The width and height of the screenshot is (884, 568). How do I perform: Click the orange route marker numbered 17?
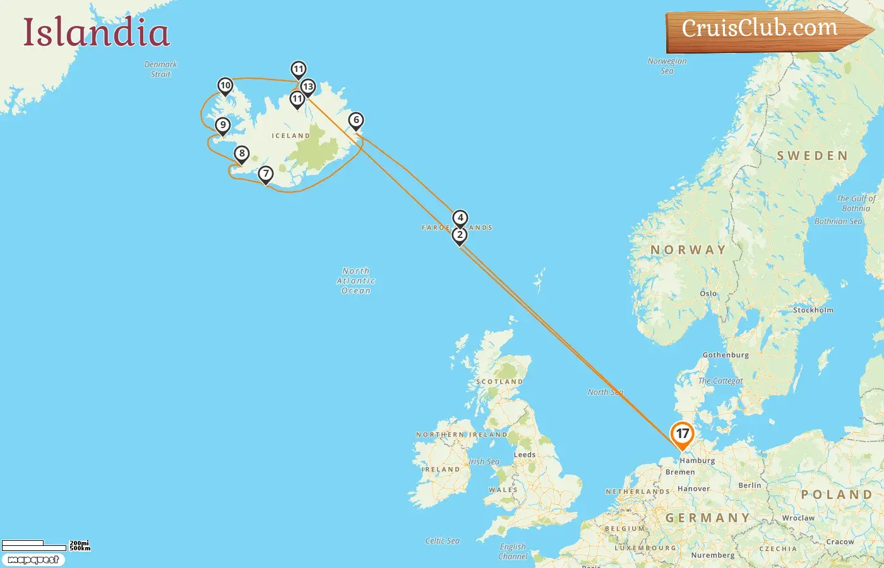pyautogui.click(x=682, y=434)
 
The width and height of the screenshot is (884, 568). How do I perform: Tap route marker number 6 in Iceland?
pyautogui.click(x=356, y=120)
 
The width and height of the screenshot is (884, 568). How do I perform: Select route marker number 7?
pyautogui.click(x=266, y=174)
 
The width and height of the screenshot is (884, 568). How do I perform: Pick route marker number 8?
pyautogui.click(x=241, y=153)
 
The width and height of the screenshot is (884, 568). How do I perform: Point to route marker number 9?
pyautogui.click(x=222, y=125)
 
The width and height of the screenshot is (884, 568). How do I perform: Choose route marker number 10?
pyautogui.click(x=225, y=85)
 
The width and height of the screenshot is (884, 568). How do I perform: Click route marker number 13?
pyautogui.click(x=308, y=86)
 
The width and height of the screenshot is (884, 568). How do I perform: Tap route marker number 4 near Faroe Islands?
pyautogui.click(x=460, y=218)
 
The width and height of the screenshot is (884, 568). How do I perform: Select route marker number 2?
pyautogui.click(x=460, y=235)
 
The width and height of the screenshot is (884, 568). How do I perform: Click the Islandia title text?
pyautogui.click(x=97, y=33)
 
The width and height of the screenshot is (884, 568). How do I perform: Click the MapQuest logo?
pyautogui.click(x=33, y=560)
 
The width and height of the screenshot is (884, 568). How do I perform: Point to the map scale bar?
pyautogui.click(x=35, y=545)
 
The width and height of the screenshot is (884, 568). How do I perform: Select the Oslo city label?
pyautogui.click(x=708, y=293)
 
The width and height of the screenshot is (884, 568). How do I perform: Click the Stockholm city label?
pyautogui.click(x=813, y=310)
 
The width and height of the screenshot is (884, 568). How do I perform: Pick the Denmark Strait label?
pyautogui.click(x=161, y=69)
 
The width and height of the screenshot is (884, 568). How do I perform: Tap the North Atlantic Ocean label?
pyautogui.click(x=356, y=281)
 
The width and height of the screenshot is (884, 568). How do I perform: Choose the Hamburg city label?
pyautogui.click(x=697, y=461)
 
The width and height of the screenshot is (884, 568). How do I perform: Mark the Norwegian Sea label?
pyautogui.click(x=667, y=66)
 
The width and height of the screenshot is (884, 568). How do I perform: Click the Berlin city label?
pyautogui.click(x=750, y=485)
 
